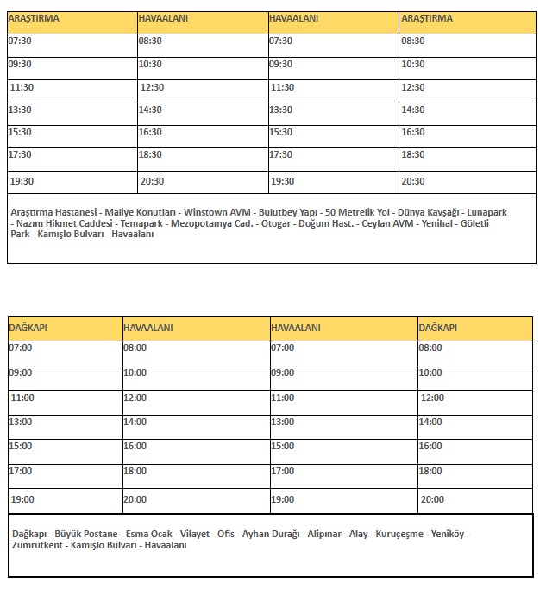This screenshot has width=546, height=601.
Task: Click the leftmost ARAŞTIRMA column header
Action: pos(34,18)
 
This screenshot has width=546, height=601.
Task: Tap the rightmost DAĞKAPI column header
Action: pos(437,328)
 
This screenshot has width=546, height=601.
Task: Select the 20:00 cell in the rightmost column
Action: pos(432,499)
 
